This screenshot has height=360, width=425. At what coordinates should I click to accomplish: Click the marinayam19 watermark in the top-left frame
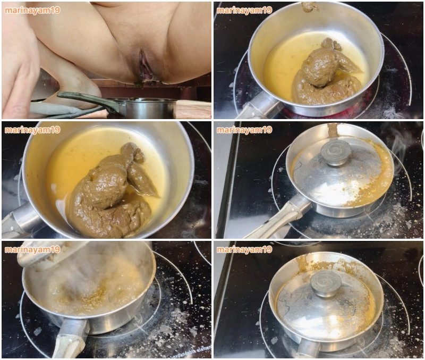(32, 10)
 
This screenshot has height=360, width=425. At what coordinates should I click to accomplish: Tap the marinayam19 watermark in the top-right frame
(244, 10)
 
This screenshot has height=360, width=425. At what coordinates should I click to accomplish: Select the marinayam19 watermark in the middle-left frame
(32, 130)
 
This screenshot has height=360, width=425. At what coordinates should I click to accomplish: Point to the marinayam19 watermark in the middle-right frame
(244, 130)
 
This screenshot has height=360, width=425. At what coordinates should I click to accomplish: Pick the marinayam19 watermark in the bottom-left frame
(32, 249)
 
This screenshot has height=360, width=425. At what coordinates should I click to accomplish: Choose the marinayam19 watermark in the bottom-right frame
(244, 249)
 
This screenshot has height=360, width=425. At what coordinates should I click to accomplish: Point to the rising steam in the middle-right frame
(397, 152)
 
